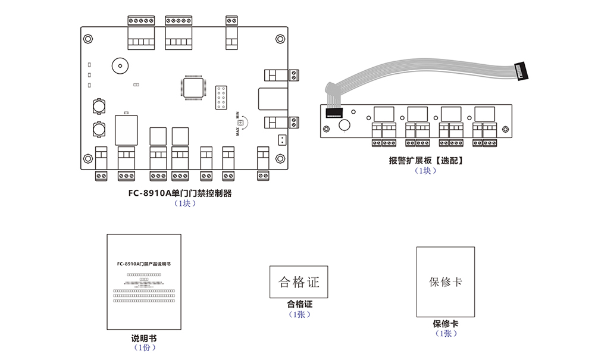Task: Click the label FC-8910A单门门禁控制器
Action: pos(180,193)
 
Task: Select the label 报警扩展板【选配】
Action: pos(425,161)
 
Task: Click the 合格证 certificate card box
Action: pos(299,281)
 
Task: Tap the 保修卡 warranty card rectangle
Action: pos(446,282)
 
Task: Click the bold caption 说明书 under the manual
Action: pos(145,338)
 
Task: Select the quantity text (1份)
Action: pos(145,348)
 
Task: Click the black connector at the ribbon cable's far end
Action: pos(522,71)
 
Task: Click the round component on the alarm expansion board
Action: pos(344,125)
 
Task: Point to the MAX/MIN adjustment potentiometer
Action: pos(241,123)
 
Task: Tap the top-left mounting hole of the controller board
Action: pos(88,39)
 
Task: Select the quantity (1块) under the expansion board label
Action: pos(425,171)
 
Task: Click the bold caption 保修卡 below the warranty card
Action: pos(446,324)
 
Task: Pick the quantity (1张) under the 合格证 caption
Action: pos(299,314)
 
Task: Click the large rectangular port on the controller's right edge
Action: pos(273,99)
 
